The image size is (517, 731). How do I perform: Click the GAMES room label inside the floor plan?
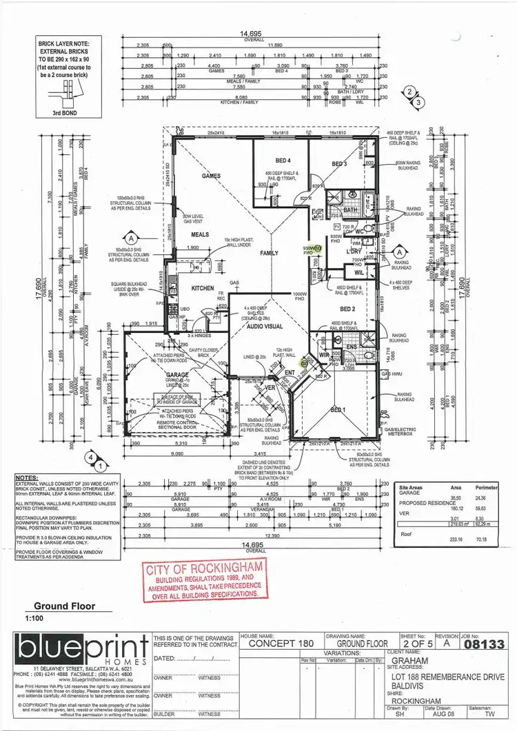coord(210,176)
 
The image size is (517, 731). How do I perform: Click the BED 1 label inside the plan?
coord(338,410)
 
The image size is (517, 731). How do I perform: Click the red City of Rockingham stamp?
coord(204,580)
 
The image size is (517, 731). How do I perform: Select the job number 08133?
coord(485,645)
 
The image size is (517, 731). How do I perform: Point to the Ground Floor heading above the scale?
coord(64,607)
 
